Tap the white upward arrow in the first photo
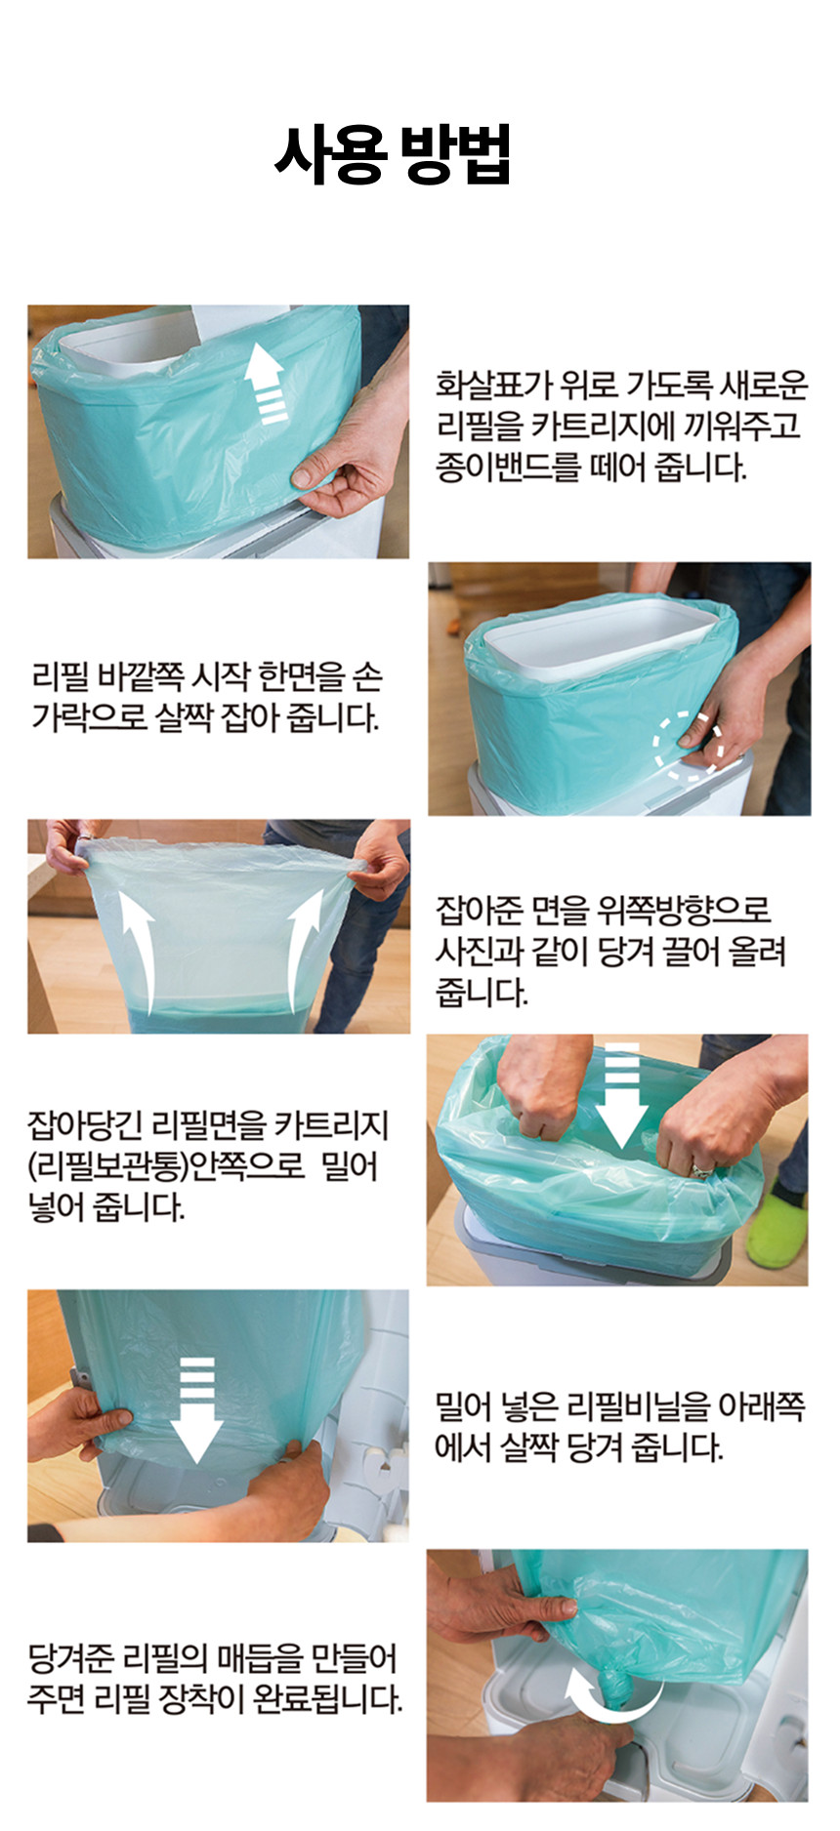tap(265, 383)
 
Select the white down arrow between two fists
tap(621, 1093)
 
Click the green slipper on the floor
tap(777, 1221)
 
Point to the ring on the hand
tap(702, 1168)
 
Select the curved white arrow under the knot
tap(606, 1717)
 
